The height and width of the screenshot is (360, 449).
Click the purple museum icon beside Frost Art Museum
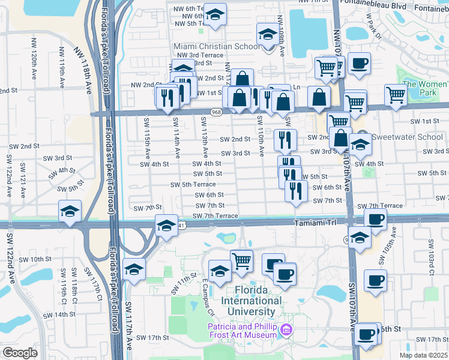[x=287, y=330]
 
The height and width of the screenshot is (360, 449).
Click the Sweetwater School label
[x=408, y=137]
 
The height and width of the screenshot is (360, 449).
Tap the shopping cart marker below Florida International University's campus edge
[x=241, y=259]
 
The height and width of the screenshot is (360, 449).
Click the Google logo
[x=20, y=352]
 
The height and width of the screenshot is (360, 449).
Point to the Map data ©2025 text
[x=424, y=355]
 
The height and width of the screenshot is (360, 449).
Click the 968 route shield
[x=217, y=112]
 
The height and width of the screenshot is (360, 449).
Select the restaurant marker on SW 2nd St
[x=285, y=140]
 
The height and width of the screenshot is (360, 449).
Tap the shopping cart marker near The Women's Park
[x=396, y=95]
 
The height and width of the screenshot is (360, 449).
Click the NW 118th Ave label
[x=83, y=70]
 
